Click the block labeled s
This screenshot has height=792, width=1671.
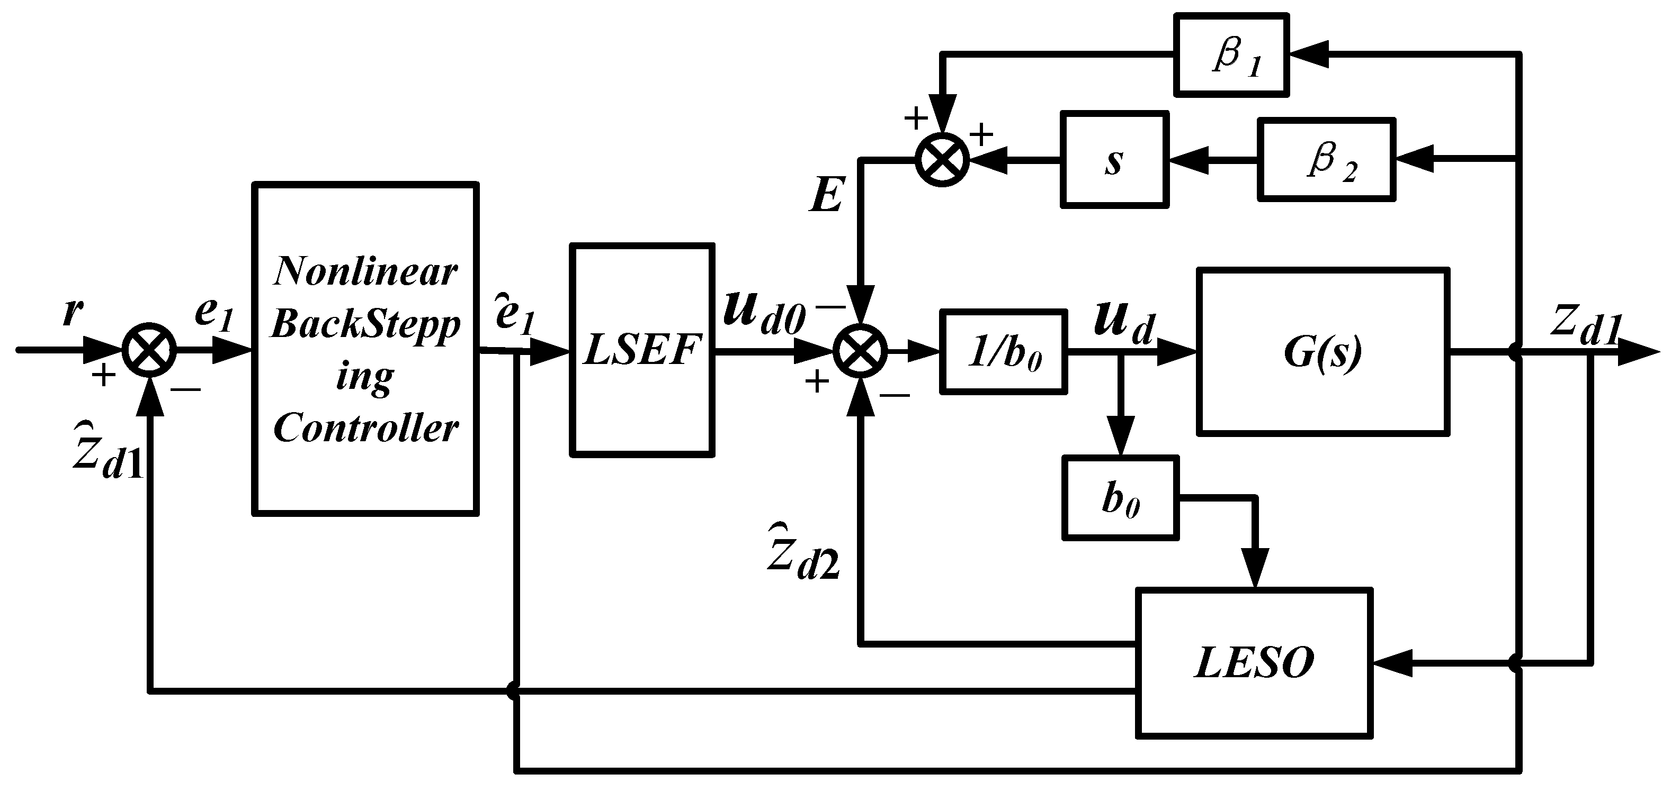pos(1114,159)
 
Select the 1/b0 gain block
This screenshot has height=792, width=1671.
pos(1003,352)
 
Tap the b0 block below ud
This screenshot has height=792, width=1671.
pos(1120,498)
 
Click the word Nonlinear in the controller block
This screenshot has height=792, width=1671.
pos(365,271)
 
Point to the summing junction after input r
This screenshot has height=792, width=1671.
pos(150,351)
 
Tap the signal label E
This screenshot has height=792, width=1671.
pos(826,195)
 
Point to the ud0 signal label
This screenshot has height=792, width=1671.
pos(763,315)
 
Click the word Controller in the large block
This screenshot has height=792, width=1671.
pos(365,428)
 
